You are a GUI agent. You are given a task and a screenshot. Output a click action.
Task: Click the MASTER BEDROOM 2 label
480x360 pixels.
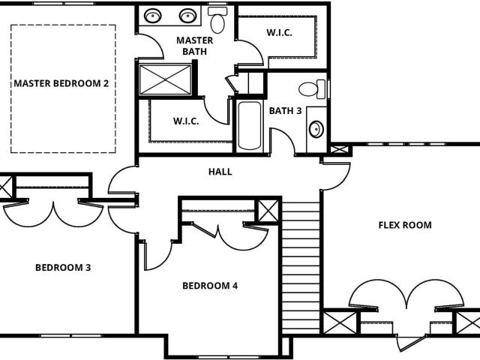click(61, 83)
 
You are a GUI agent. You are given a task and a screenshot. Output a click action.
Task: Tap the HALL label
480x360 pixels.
click(220, 172)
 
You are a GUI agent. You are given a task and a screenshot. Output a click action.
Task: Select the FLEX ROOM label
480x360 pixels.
click(405, 225)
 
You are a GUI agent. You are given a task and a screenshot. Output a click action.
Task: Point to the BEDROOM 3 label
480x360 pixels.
click(63, 268)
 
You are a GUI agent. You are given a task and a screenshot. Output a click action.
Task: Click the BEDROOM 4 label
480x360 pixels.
click(210, 286)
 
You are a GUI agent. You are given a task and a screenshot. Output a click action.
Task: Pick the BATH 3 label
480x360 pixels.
click(285, 111)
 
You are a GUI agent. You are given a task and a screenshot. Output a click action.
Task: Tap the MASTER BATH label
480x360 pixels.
click(195, 46)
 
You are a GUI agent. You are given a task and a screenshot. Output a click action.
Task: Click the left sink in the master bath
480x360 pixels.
click(153, 16)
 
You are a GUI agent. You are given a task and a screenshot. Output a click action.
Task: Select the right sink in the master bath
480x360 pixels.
click(188, 16)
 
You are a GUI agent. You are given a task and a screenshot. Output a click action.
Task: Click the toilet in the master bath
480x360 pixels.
click(217, 20)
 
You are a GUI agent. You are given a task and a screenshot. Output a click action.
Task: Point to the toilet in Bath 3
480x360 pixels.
click(312, 89)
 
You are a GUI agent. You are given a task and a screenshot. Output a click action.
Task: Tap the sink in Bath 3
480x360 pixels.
click(316, 130)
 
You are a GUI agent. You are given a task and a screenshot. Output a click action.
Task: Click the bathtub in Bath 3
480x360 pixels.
click(250, 125)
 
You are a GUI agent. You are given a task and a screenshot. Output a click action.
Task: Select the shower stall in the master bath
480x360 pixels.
click(165, 79)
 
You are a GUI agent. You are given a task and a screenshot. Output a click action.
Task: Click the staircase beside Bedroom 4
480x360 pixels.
click(301, 268)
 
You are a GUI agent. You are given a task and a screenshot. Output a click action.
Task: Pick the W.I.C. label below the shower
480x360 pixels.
click(186, 121)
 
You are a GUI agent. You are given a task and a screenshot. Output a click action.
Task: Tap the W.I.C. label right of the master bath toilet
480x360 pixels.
click(279, 32)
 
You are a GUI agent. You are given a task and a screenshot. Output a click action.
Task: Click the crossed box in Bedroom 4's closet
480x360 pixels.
click(268, 211)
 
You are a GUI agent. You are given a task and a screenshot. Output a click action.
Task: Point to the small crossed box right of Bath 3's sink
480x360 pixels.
click(340, 150)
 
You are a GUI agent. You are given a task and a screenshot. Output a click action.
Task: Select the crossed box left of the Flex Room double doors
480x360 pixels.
click(340, 322)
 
